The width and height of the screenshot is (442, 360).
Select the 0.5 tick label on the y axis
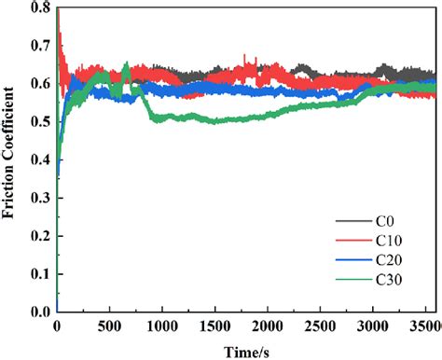pos(41,123)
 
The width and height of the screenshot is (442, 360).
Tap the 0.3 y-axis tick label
pos(41,199)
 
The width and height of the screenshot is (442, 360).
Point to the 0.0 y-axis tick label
pos(41,312)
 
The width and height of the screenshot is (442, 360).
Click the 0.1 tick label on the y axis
pos(41,274)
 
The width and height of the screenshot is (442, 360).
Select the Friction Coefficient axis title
pos(11,159)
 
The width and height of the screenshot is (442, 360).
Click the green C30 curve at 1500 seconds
pos(214,121)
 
